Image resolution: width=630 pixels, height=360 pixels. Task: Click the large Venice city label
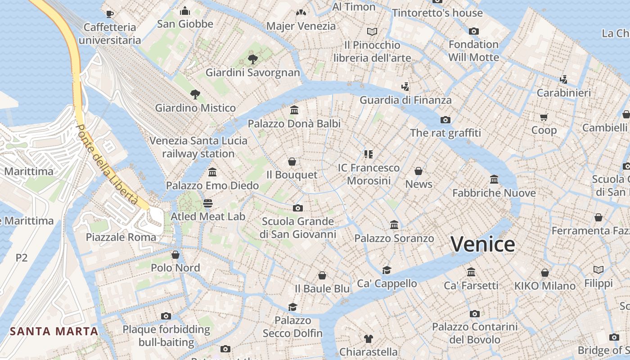pyautogui.click(x=483, y=244)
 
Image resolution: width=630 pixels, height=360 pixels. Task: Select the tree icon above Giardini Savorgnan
pyautogui.click(x=253, y=59)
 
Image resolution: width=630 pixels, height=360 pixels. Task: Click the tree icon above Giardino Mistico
pyautogui.click(x=195, y=94)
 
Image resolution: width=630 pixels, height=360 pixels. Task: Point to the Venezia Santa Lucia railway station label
pyautogui.click(x=198, y=147)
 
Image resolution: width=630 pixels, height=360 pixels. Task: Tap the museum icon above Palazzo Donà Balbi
pyautogui.click(x=294, y=110)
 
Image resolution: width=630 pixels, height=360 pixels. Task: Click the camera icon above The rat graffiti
pyautogui.click(x=445, y=120)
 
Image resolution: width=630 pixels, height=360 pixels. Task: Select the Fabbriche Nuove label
pyautogui.click(x=494, y=193)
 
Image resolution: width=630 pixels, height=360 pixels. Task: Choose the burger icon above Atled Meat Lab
pyautogui.click(x=207, y=203)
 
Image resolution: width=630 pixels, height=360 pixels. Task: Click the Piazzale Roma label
pyautogui.click(x=121, y=237)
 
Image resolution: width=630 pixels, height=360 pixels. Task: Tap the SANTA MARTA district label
pyautogui.click(x=54, y=332)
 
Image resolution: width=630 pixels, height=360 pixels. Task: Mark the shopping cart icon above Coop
pyautogui.click(x=544, y=117)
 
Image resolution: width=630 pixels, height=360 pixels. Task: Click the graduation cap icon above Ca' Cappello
pyautogui.click(x=387, y=270)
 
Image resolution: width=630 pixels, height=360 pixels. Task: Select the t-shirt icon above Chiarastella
pyautogui.click(x=368, y=338)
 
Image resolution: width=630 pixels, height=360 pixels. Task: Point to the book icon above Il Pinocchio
pyautogui.click(x=372, y=31)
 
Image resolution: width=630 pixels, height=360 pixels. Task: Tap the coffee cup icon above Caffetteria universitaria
pyautogui.click(x=110, y=14)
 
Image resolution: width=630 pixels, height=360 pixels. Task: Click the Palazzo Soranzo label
pyautogui.click(x=394, y=238)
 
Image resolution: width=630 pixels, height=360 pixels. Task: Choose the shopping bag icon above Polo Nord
pyautogui.click(x=175, y=255)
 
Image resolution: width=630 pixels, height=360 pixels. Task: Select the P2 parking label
pyautogui.click(x=22, y=258)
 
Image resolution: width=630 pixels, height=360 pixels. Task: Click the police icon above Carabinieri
pyautogui.click(x=563, y=80)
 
